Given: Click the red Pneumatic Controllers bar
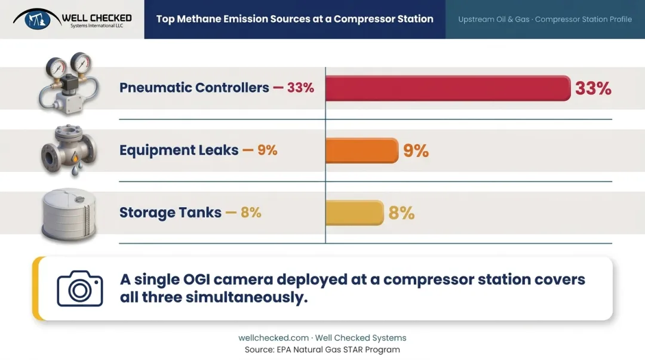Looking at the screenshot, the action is tap(448, 88).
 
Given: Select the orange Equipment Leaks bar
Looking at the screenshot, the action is tap(362, 150).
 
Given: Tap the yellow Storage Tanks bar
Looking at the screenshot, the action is tap(355, 213).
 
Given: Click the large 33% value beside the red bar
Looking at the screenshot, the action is tap(593, 88).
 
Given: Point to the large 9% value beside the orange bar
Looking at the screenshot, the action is tap(416, 150).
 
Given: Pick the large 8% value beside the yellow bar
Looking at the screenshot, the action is tap(401, 213).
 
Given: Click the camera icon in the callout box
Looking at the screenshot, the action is tap(80, 288).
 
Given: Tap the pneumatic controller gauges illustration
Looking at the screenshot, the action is tap(69, 84).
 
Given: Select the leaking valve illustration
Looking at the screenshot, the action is tap(69, 150).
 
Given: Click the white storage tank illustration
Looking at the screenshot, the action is tap(69, 214).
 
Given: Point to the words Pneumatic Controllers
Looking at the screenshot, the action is tap(194, 88).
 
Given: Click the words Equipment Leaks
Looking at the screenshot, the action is tap(179, 150).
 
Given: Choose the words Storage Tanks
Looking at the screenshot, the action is tap(170, 213).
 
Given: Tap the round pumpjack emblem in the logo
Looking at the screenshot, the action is tap(37, 19).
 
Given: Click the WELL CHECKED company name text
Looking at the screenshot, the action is tap(97, 18).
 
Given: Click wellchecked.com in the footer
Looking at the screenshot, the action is tap(274, 338).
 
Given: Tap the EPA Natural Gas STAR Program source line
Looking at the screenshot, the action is tap(322, 350).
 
